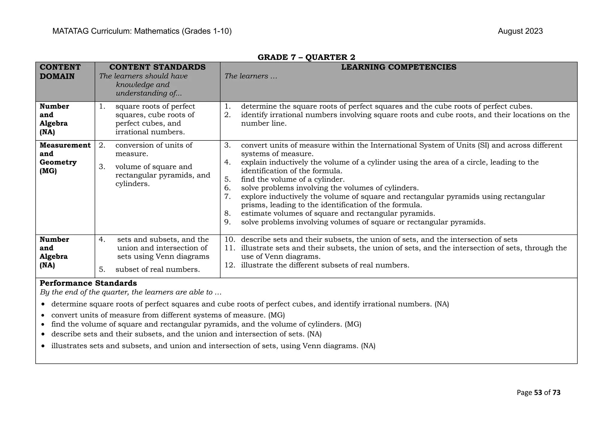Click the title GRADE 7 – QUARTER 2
click(306, 57)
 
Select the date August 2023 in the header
click(520, 31)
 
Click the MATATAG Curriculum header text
click(142, 31)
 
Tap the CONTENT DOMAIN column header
click(60, 72)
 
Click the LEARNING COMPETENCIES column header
click(398, 67)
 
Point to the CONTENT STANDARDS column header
click(157, 67)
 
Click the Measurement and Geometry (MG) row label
click(65, 158)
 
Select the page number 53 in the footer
click(538, 393)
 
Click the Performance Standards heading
click(88, 283)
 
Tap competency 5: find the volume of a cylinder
click(292, 180)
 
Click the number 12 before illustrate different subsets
click(230, 265)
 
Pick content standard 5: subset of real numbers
click(157, 270)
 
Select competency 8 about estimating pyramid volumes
click(338, 214)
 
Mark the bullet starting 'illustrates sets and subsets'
click(213, 346)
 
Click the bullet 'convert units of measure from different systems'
click(168, 315)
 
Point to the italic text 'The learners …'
click(251, 76)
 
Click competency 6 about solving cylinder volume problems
click(330, 188)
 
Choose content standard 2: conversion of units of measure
click(154, 149)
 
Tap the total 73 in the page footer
click(556, 393)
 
